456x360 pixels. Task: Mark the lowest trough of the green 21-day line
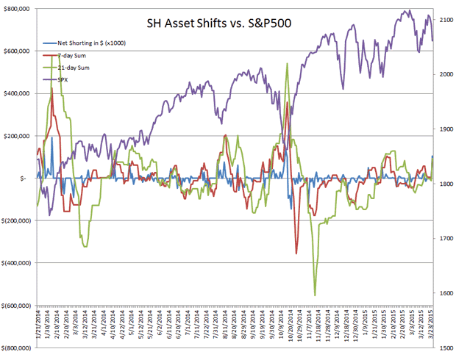pos(315,295)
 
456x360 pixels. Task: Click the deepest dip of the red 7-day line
pos(296,253)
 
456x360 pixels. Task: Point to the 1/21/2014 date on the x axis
pos(38,323)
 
